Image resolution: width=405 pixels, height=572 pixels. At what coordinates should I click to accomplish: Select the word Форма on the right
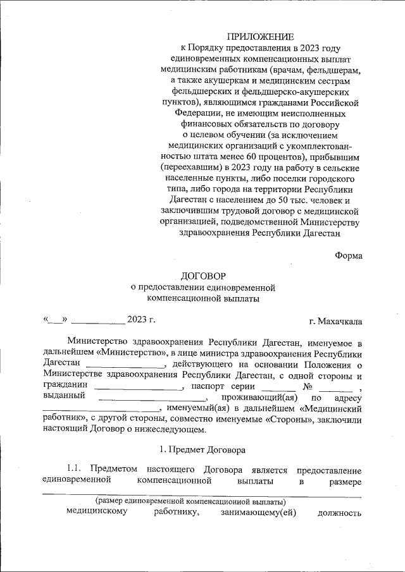click(x=348, y=256)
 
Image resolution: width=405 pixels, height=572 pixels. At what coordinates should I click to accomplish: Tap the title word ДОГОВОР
click(x=202, y=276)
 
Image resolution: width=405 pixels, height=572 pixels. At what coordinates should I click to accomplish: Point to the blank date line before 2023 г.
click(x=101, y=320)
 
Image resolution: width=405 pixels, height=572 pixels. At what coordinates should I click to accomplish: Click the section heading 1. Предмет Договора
click(x=202, y=450)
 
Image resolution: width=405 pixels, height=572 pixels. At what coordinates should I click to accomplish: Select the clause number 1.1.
click(x=76, y=470)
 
